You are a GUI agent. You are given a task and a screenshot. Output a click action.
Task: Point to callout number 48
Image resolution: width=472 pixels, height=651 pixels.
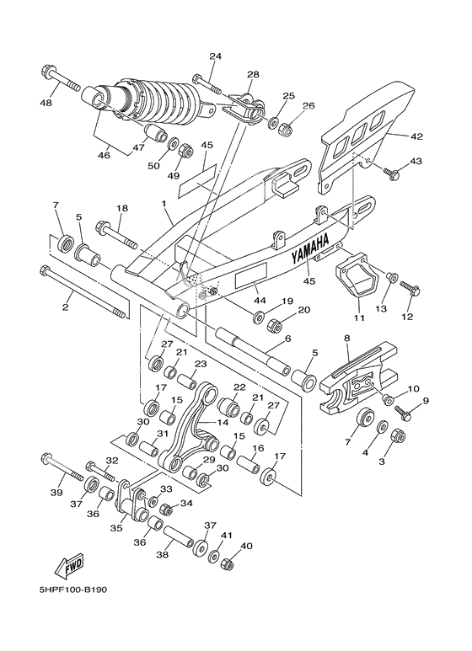pos(45,103)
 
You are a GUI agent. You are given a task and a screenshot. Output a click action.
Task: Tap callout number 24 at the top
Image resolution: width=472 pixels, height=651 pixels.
pos(215,56)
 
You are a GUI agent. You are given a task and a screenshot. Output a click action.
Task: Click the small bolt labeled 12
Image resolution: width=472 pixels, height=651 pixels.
pos(410,291)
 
